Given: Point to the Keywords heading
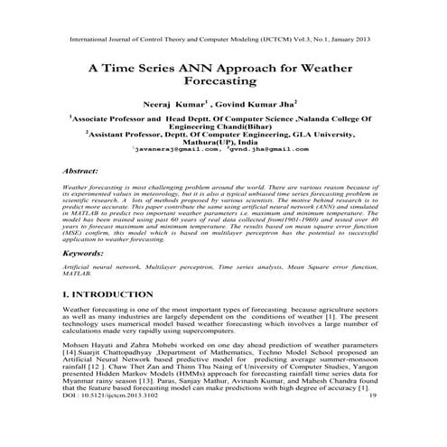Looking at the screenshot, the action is (85, 256).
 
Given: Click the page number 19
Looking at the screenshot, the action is (372, 420).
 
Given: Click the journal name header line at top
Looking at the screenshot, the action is (223, 41).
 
